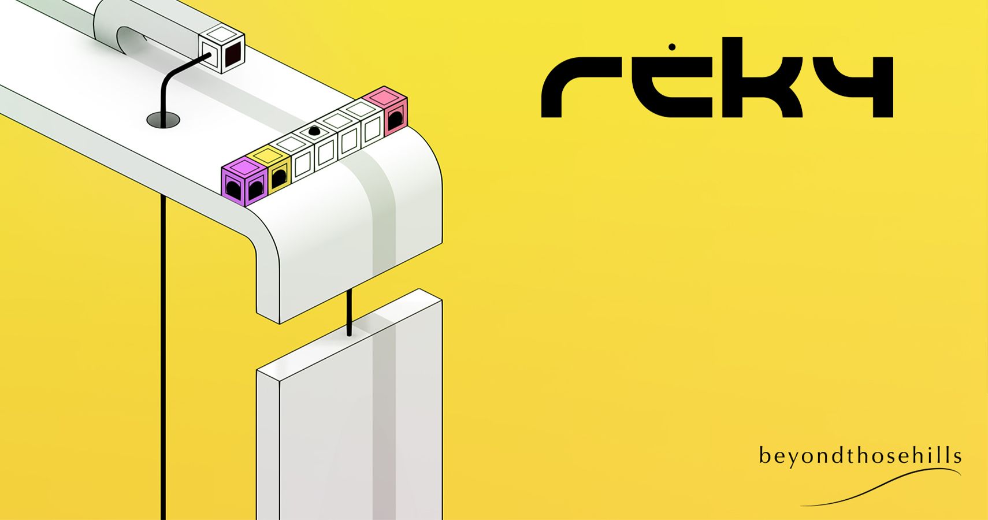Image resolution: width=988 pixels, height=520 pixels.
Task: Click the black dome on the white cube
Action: pos(314,132)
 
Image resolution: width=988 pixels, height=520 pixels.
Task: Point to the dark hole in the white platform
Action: pos(163,120)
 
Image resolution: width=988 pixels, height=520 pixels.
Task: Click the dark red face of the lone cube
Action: pos(233,57)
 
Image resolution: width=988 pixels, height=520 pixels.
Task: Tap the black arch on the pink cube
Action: pos(396,120)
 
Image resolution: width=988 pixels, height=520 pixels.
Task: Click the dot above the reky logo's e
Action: pos(671,46)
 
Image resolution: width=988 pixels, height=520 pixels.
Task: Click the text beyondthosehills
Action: pos(860,456)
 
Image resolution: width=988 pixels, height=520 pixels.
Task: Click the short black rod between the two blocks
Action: pos(349,312)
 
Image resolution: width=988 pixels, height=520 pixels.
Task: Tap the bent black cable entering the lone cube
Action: pos(168,87)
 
